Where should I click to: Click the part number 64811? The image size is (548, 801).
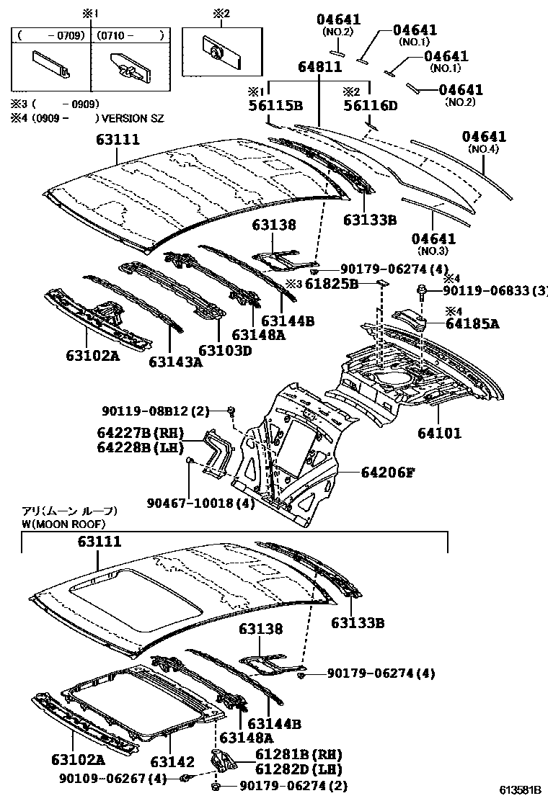[x=319, y=67]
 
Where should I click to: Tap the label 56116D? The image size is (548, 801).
[x=370, y=106]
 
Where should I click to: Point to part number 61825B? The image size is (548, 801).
[x=332, y=284]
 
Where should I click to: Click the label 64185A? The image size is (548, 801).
[x=472, y=323]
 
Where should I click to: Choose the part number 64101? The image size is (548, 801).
[x=438, y=434]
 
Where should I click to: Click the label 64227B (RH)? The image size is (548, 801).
[x=140, y=433]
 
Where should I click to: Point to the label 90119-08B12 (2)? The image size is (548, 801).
[x=155, y=411]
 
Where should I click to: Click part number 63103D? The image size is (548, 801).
[x=225, y=350]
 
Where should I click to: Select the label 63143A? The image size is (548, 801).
[x=176, y=362]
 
